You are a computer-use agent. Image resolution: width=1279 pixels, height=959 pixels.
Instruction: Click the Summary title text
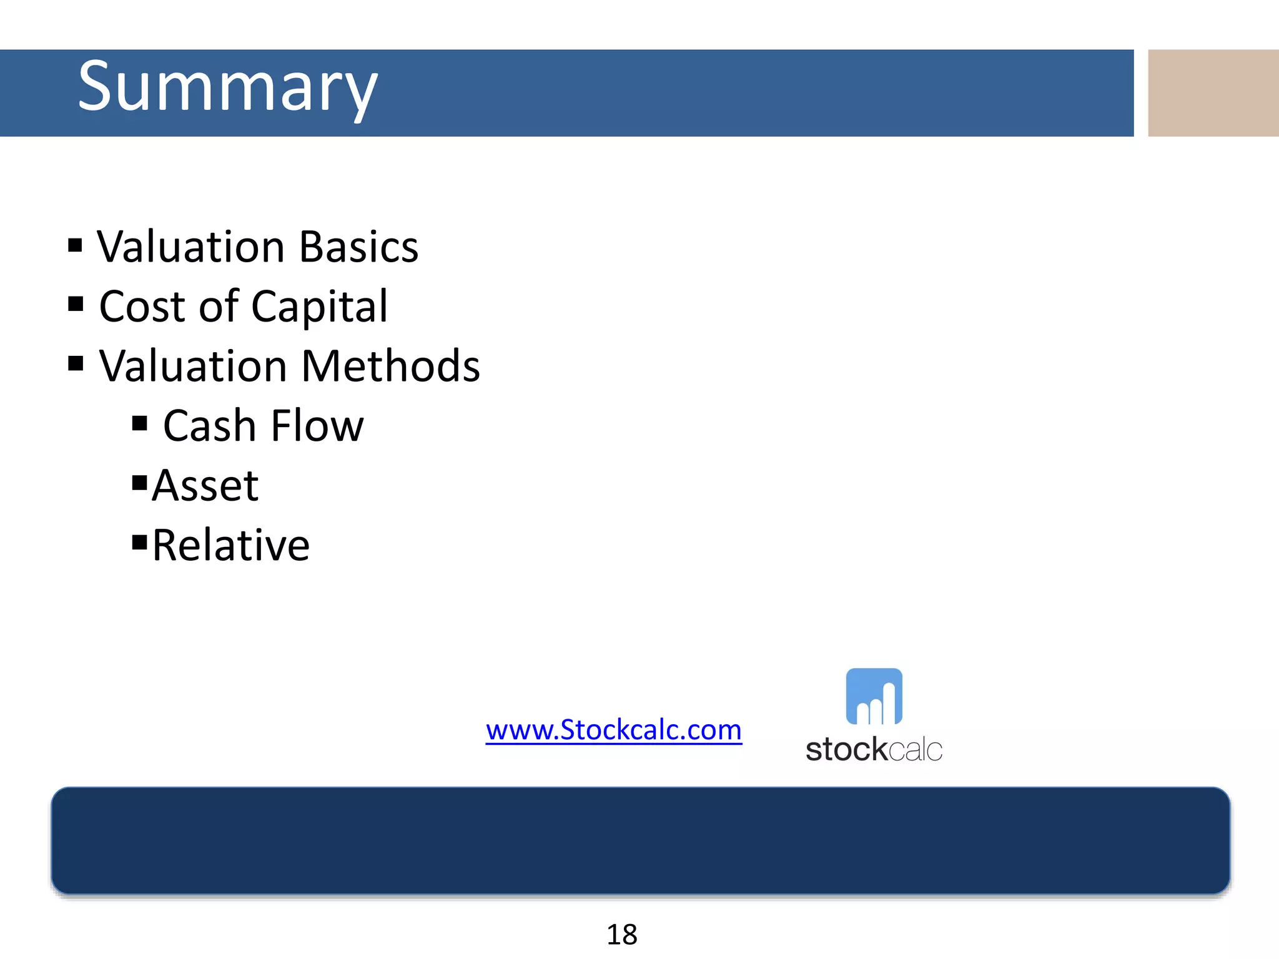[227, 87]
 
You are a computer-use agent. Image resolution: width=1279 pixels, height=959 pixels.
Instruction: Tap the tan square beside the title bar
[1213, 93]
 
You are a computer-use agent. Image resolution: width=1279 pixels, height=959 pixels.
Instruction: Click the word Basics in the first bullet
[358, 247]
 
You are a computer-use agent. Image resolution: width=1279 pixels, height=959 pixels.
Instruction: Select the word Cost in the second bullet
[142, 307]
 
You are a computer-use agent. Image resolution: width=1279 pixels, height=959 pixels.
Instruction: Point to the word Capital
[320, 307]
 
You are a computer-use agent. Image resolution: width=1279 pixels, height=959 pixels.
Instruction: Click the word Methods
[391, 366]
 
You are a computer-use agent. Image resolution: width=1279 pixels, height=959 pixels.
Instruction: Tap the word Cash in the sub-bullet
[209, 426]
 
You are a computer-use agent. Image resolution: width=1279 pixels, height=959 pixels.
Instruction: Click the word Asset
[205, 486]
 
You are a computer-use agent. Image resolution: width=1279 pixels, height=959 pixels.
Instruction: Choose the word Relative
[231, 546]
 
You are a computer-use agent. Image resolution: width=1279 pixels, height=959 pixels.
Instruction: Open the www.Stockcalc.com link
[614, 730]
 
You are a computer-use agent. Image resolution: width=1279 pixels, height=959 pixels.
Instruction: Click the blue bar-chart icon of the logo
[874, 696]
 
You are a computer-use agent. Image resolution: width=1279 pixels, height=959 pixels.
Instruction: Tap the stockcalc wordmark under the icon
[874, 749]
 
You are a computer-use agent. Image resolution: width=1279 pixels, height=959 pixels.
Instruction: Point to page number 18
[622, 935]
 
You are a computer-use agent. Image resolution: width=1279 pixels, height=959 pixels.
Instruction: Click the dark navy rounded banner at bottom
[640, 840]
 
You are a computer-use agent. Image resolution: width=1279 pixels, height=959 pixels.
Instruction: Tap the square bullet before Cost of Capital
[76, 304]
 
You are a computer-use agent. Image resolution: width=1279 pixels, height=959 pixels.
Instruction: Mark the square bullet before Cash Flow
[140, 423]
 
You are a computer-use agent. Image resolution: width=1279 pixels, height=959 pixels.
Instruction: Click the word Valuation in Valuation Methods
[191, 366]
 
